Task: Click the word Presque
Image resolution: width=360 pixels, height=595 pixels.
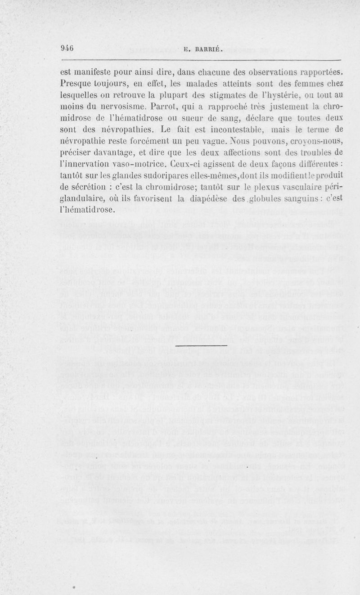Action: [x=75, y=83]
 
